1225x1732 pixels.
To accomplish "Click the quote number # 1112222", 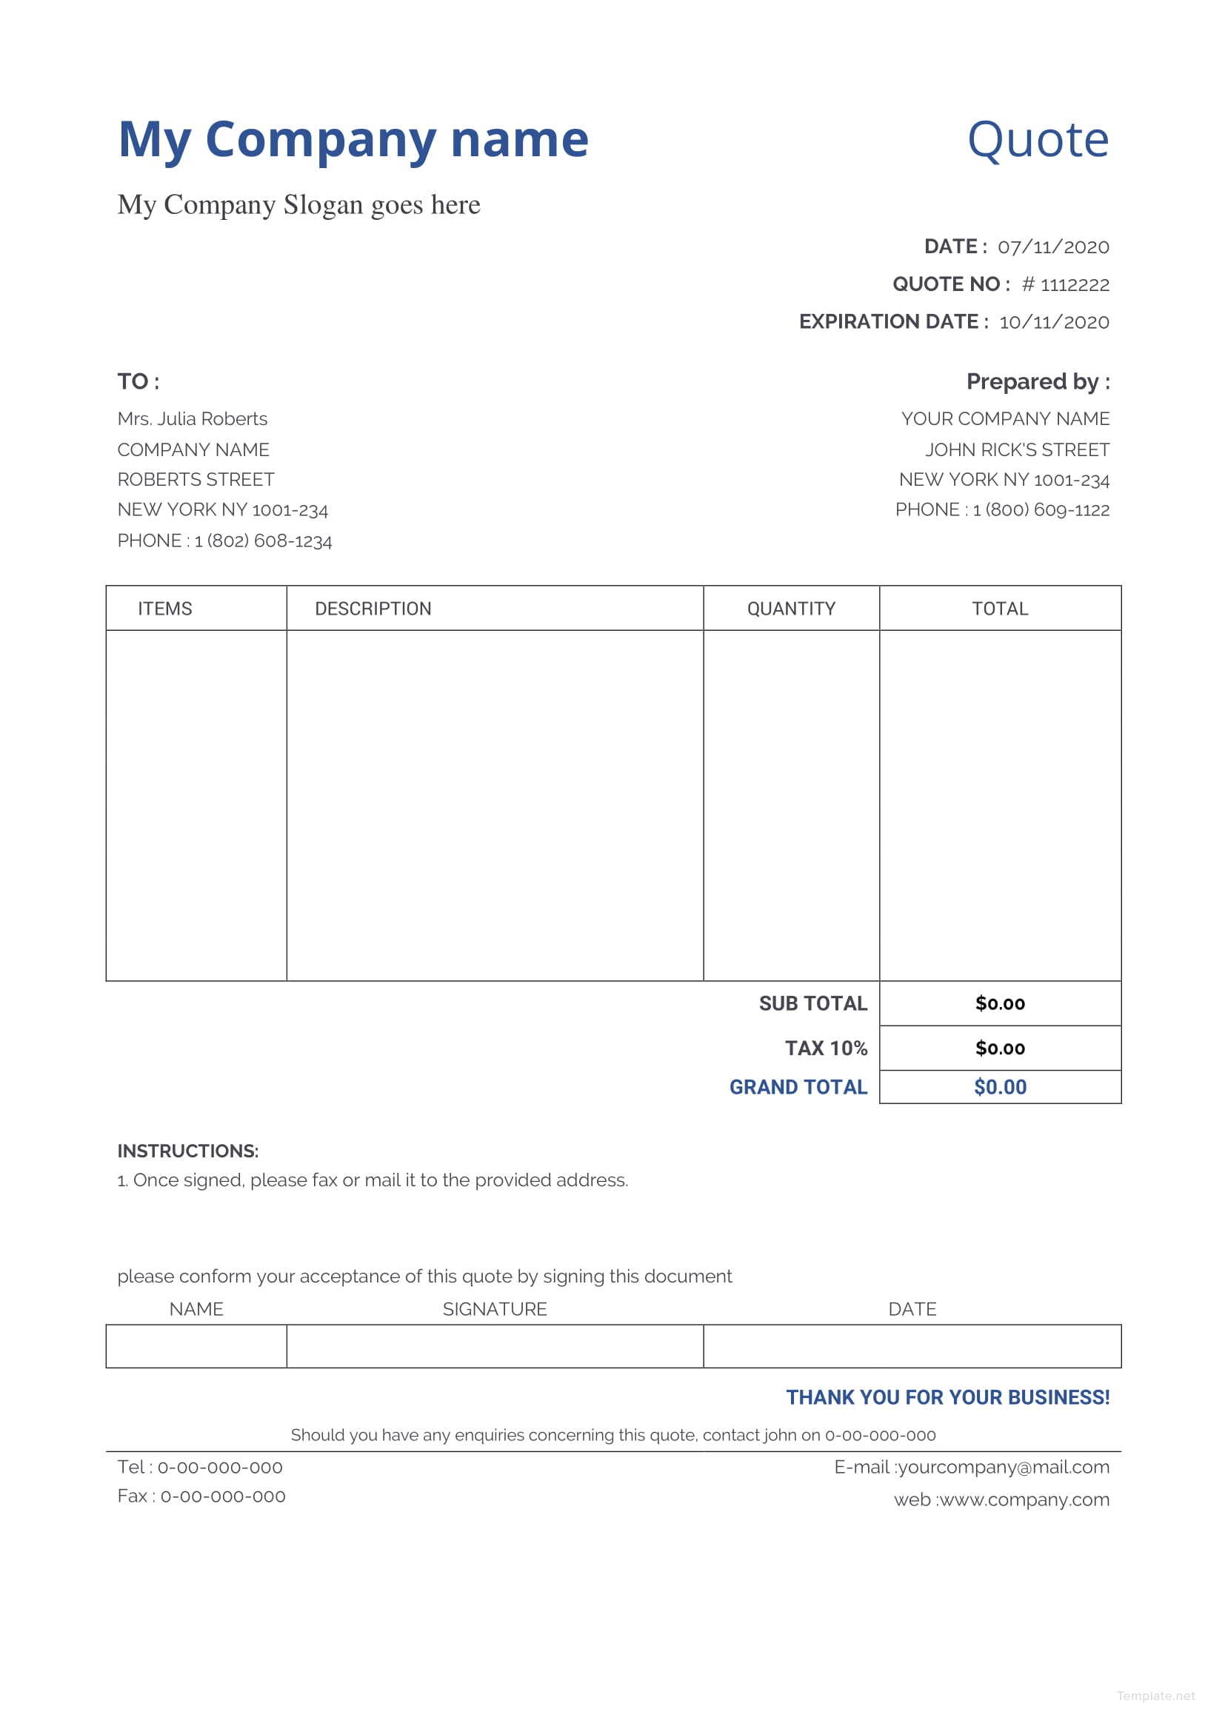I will coord(1065,284).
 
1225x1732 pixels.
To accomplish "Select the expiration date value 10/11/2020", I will coord(1054,322).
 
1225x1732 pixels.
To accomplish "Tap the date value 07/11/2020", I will coord(1053,247).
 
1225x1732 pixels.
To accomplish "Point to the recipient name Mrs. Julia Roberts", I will coord(193,418).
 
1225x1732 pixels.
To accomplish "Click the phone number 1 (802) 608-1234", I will coord(263,541).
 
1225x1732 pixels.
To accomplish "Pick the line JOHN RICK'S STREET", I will coord(1017,449).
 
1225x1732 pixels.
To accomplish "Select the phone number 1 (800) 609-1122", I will coord(1041,510).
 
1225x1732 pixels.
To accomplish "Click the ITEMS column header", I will coord(164,609).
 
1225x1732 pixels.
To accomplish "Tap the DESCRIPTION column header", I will coord(373,609).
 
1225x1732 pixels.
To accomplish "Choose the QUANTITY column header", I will coord(790,609).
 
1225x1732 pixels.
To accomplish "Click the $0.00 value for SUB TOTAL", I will coord(999,1003).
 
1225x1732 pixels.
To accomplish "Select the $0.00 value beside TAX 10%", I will coord(999,1048).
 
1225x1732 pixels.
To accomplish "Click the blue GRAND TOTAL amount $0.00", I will coord(999,1087).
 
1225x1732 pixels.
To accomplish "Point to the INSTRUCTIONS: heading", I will coord(188,1151).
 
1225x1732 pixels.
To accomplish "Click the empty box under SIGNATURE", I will coord(494,1345).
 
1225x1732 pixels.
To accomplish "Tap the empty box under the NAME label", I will coord(196,1345).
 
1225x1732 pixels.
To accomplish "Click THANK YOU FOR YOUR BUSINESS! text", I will coord(947,1397).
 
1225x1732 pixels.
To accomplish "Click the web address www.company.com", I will coord(1024,1499).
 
